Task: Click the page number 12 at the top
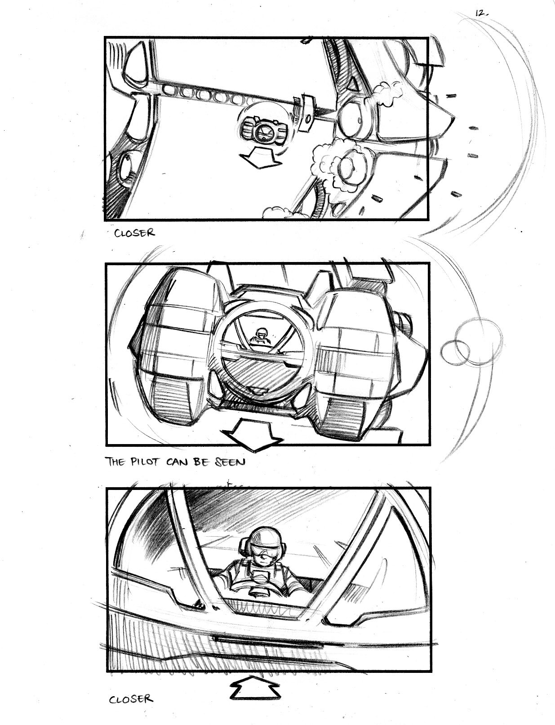481,14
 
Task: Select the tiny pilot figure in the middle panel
261,336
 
